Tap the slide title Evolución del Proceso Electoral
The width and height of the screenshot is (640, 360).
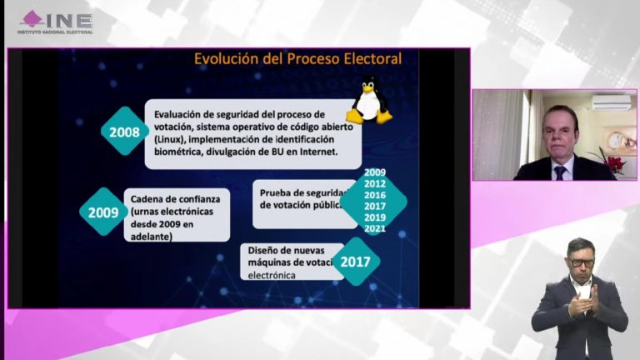coord(297,59)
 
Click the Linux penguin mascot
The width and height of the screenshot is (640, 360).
coord(368,100)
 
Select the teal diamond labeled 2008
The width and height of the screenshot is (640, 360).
coord(124,131)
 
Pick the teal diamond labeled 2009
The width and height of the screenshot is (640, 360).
coord(103,212)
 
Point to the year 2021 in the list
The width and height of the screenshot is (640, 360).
coord(375,229)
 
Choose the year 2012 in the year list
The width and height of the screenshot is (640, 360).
coord(375,183)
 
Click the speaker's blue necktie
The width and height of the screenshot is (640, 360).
coord(560,172)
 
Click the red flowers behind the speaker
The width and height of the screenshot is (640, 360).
coord(614,163)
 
